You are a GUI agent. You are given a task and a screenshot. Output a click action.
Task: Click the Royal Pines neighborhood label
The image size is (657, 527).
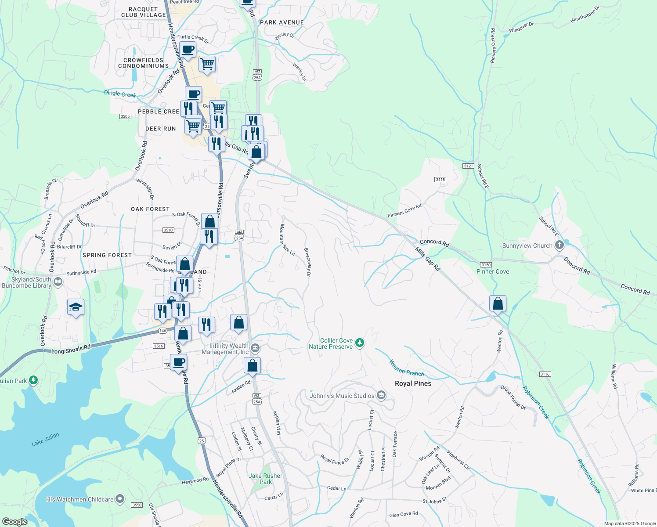[413, 383]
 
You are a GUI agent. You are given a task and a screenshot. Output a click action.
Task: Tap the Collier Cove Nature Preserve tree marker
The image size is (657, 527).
[360, 343]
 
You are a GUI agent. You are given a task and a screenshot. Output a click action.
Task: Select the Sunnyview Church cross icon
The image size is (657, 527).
[559, 245]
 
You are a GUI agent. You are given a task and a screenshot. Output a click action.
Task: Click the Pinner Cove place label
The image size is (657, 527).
[493, 271]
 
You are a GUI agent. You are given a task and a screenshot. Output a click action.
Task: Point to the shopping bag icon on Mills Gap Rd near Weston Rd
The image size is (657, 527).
[498, 303]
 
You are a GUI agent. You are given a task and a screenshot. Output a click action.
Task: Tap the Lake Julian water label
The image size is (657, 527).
[45, 439]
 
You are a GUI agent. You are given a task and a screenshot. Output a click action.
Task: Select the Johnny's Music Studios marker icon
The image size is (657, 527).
[381, 395]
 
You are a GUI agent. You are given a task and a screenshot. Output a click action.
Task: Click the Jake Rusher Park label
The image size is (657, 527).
[265, 479]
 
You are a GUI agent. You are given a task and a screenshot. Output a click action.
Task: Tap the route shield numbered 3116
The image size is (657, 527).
[545, 374]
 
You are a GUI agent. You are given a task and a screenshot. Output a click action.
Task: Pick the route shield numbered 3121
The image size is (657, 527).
[468, 166]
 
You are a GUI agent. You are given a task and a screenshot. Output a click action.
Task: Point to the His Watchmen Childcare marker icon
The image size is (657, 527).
[120, 499]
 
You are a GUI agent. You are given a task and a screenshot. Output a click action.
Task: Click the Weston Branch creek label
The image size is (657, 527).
[407, 368]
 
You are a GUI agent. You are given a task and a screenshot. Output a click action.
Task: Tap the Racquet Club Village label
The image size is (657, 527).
[143, 12]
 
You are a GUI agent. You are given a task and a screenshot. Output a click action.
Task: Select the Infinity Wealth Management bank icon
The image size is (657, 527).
[255, 349]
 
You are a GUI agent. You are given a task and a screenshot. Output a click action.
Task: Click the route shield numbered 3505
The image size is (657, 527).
[125, 116]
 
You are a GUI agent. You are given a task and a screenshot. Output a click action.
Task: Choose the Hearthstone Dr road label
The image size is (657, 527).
[585, 14]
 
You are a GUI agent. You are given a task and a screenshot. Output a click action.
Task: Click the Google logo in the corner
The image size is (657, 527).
[14, 521]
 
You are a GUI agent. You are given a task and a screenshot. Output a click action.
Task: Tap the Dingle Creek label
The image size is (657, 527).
[120, 94]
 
